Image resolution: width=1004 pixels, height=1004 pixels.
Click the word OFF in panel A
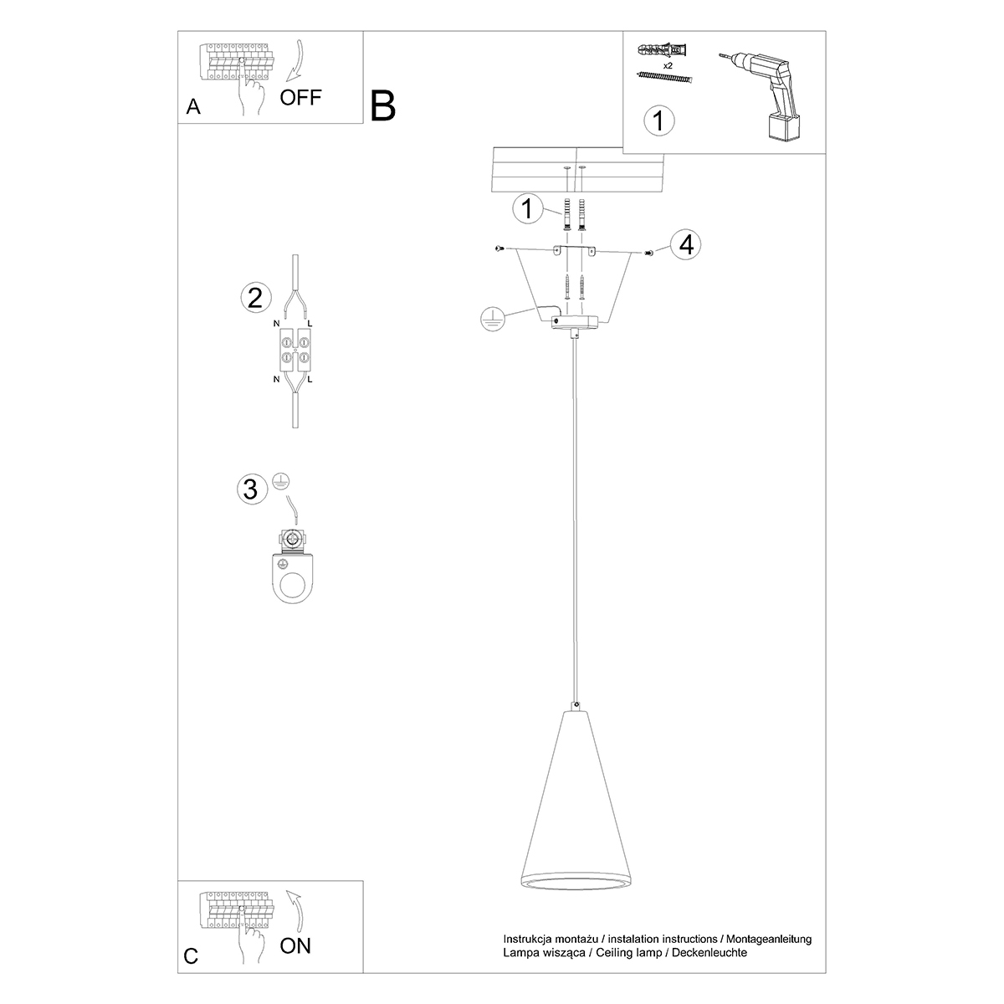300,97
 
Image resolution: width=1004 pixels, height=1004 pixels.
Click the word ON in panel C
295,946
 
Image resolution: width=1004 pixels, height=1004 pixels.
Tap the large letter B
382,106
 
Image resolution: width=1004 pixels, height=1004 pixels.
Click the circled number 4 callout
686,245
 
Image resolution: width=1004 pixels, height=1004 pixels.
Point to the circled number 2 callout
254,298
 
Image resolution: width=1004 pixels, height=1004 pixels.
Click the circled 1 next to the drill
658,120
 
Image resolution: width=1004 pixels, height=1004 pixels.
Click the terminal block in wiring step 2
294,351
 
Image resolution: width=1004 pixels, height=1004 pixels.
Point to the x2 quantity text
668,64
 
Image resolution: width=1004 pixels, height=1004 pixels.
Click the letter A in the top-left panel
193,107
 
